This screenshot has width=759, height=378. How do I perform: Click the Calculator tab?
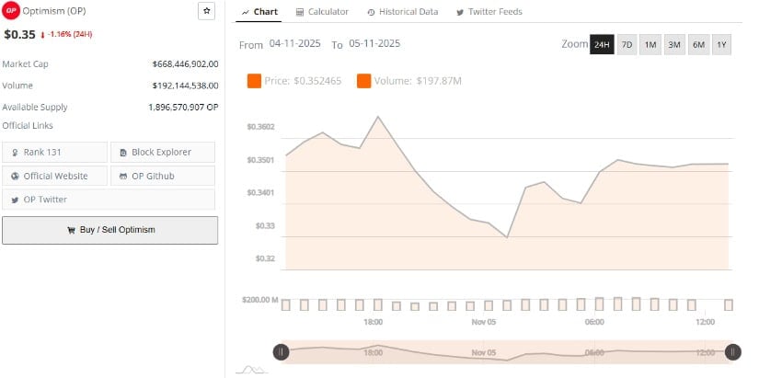[322, 12]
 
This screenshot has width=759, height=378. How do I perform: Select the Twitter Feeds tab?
[489, 12]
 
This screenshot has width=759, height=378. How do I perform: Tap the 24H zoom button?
[602, 45]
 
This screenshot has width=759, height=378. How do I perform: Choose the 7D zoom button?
[627, 45]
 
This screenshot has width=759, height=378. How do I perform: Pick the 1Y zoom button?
[721, 45]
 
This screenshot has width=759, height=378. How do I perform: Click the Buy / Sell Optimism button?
[109, 230]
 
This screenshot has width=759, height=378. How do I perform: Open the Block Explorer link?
[163, 152]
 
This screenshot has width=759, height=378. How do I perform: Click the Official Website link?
[55, 176]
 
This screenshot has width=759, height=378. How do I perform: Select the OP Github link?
[163, 176]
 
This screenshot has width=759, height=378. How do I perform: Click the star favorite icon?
[207, 11]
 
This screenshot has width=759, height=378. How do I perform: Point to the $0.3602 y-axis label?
[260, 127]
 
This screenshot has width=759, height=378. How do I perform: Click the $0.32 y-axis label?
[264, 258]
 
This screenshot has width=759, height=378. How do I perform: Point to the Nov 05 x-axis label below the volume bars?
[484, 323]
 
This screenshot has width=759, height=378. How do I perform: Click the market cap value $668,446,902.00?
[185, 63]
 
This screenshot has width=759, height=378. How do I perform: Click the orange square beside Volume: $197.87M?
[363, 81]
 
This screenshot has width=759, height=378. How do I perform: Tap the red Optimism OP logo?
[11, 11]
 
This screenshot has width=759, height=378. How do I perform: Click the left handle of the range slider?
[281, 351]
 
